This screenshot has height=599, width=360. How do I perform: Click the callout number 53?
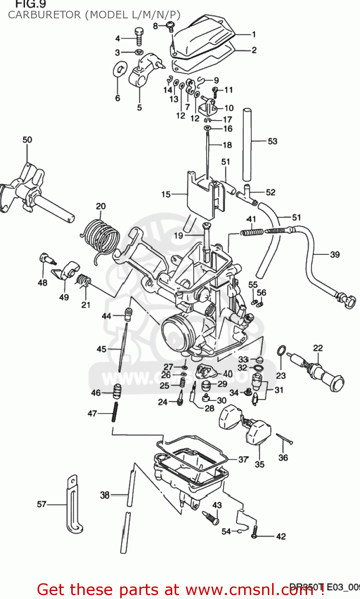pyautogui.click(x=272, y=141)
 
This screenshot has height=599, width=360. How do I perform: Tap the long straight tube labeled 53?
pyautogui.click(x=247, y=144)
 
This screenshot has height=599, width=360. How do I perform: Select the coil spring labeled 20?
pyautogui.click(x=101, y=238)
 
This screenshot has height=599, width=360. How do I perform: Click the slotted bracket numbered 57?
pyautogui.click(x=74, y=505)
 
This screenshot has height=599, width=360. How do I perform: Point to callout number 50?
pyautogui.click(x=27, y=140)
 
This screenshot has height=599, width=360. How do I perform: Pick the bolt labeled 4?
pyautogui.click(x=139, y=37)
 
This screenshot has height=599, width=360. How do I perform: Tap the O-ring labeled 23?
pyautogui.click(x=281, y=351)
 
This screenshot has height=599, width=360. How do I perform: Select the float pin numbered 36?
pyautogui.click(x=284, y=439)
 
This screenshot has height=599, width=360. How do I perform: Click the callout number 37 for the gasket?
pyautogui.click(x=243, y=460)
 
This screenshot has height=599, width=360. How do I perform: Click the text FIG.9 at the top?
pyautogui.click(x=30, y=4)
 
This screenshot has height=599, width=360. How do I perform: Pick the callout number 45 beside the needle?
pyautogui.click(x=101, y=349)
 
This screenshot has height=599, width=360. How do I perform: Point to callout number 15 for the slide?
pyautogui.click(x=166, y=194)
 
